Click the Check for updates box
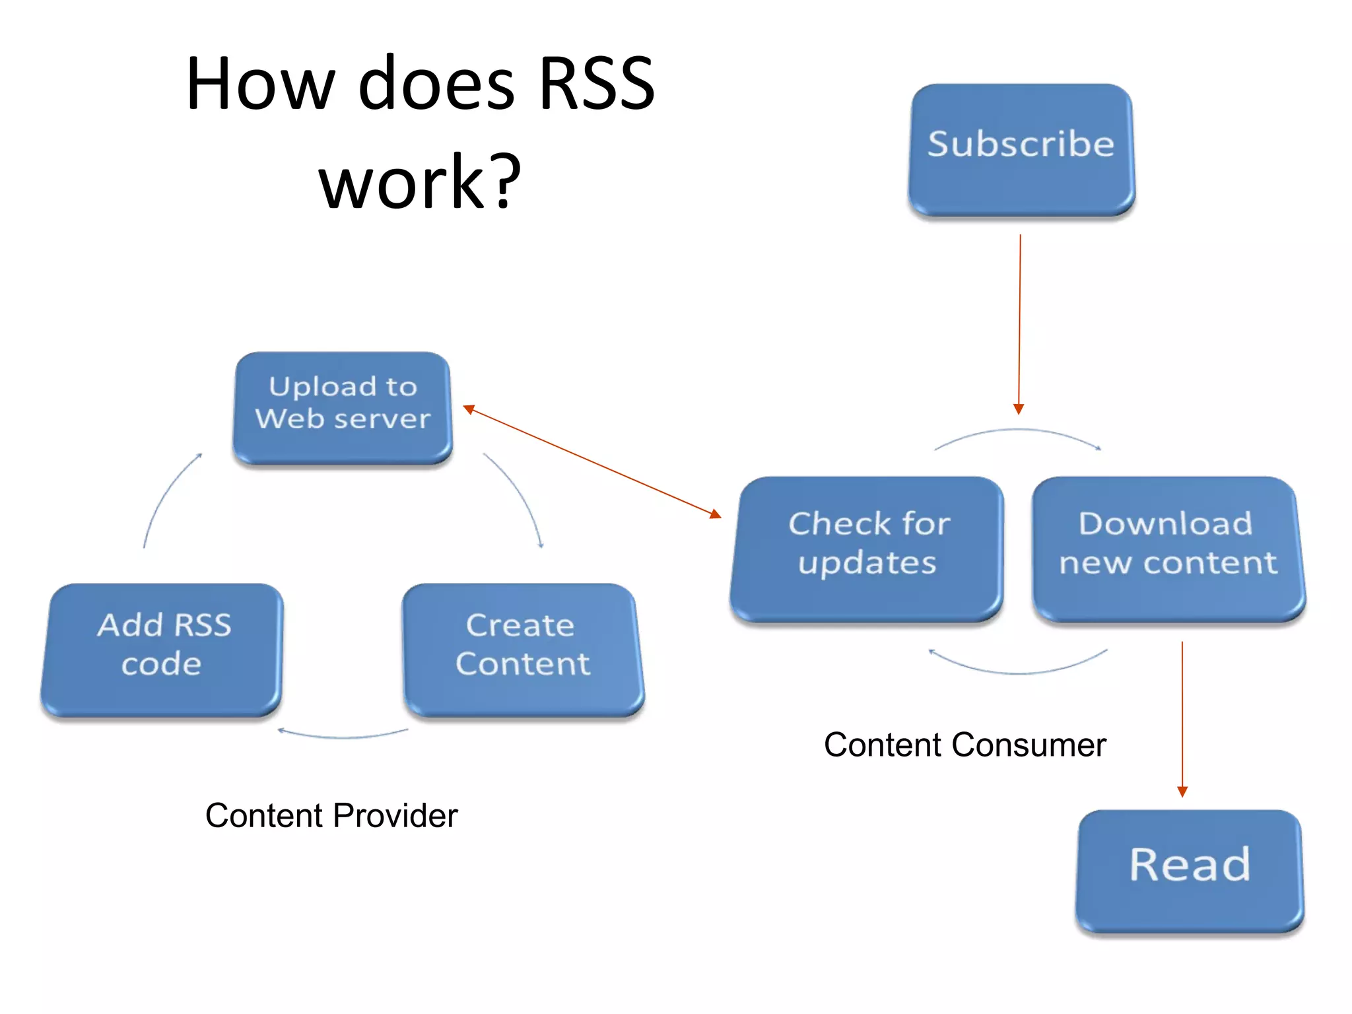pos(867,547)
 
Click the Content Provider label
pos(331,816)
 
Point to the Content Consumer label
pos(964,745)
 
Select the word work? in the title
pos(420,182)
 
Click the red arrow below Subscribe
pos(1020,323)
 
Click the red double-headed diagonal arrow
pos(592,461)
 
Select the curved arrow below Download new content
pos(1018,672)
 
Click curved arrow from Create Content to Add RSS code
pos(343,736)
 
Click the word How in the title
pos(261,84)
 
